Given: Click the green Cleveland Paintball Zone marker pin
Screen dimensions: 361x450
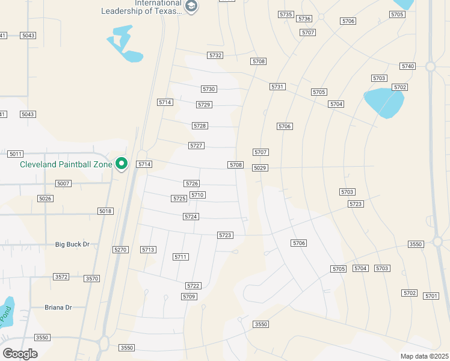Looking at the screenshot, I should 122,164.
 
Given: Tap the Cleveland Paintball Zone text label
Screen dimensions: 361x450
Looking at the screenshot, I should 66,164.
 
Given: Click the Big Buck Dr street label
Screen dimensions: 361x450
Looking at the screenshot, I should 72,244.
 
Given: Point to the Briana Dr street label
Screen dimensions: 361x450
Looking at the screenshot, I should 58,307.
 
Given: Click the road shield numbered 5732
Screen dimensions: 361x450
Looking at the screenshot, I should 215,55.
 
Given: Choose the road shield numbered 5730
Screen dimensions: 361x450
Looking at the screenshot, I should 209,89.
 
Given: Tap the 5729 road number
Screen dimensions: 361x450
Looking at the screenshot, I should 204,105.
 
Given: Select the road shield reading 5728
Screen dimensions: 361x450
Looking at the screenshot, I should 200,126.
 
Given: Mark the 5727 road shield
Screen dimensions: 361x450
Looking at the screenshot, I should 196,146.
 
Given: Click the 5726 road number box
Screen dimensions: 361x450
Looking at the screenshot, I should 192,183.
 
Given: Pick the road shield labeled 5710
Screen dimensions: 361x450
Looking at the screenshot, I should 197,195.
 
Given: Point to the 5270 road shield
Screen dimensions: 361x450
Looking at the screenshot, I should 120,249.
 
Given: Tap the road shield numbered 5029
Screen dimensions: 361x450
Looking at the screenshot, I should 260,167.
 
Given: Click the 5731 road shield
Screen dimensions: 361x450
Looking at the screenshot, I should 277,87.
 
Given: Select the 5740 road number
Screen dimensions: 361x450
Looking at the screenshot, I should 407,66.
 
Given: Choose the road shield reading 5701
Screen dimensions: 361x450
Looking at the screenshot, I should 431,295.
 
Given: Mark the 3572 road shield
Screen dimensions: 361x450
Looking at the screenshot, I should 61,277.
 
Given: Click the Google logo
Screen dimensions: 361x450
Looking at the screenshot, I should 20,353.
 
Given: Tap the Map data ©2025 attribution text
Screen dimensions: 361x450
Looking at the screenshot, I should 424,356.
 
